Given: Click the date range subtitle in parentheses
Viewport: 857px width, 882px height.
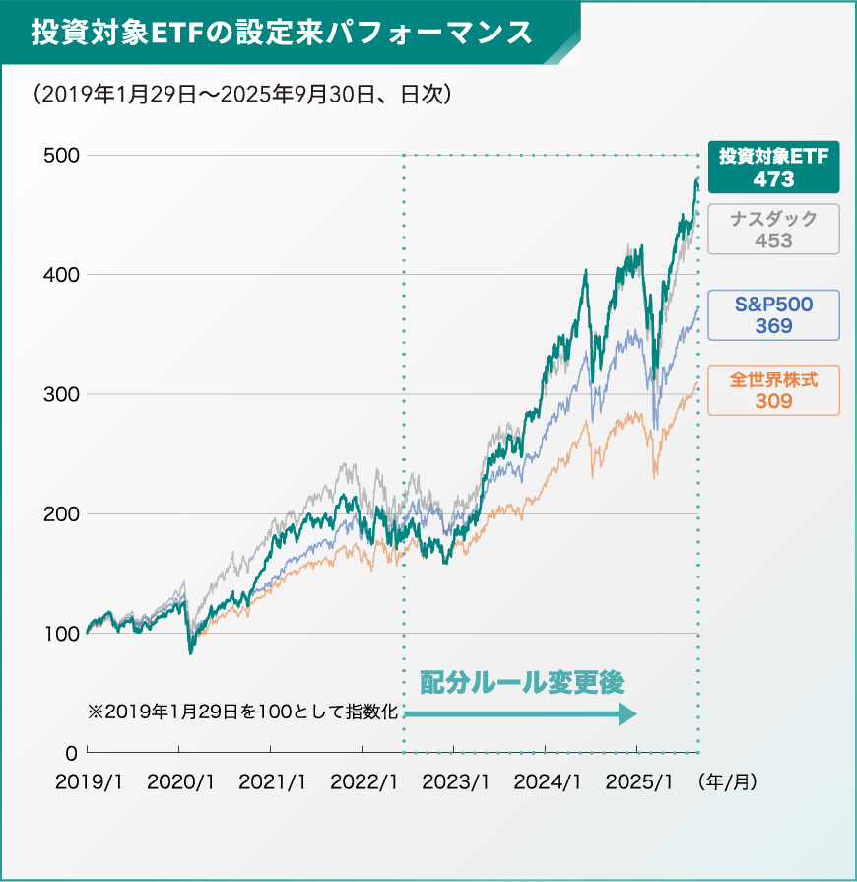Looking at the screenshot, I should pyautogui.click(x=241, y=96).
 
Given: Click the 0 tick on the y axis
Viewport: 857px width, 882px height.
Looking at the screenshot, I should pyautogui.click(x=71, y=753).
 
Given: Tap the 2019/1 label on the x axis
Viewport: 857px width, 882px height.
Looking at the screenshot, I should pyautogui.click(x=89, y=781).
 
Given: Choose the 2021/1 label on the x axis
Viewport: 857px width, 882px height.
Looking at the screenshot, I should pyautogui.click(x=272, y=781).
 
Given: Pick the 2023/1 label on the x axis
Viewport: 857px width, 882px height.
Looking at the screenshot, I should pyautogui.click(x=455, y=781).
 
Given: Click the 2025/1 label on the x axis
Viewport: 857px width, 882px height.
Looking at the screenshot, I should pyautogui.click(x=638, y=781).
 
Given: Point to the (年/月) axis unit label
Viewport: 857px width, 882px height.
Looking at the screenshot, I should pyautogui.click(x=727, y=781).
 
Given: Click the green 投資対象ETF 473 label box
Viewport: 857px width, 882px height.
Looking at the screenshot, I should pyautogui.click(x=773, y=167).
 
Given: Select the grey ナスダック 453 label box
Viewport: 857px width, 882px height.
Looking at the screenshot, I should pyautogui.click(x=773, y=229).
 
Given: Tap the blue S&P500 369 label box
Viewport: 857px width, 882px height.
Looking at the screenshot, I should pyautogui.click(x=773, y=315).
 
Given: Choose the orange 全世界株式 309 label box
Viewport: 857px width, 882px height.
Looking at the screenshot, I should pyautogui.click(x=773, y=389).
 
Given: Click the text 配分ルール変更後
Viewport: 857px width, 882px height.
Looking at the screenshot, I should pyautogui.click(x=522, y=681).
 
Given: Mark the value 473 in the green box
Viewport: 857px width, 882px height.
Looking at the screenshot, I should pyautogui.click(x=773, y=179).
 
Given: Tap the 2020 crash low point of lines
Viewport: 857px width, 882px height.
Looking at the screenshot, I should pyautogui.click(x=191, y=651).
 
